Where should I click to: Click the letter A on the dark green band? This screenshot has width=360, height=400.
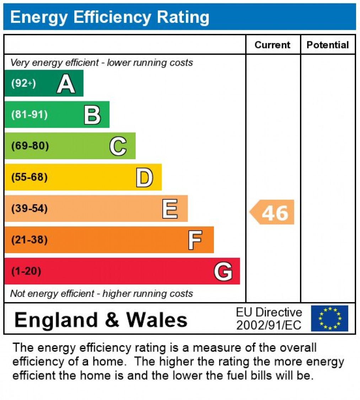tap(66, 84)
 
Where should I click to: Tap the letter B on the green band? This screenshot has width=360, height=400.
tap(92, 115)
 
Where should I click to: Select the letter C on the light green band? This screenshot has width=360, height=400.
tap(118, 146)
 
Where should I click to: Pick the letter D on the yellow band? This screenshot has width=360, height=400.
tap(144, 178)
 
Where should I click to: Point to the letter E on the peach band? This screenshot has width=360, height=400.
tap(170, 209)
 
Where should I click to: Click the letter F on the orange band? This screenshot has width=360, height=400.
tap(195, 240)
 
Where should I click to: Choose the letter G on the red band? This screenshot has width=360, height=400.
tap(223, 272)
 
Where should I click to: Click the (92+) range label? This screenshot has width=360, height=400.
tap(23, 84)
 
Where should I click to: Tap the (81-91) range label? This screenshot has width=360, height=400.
tap(29, 115)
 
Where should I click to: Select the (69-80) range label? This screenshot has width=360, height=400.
tap(30, 146)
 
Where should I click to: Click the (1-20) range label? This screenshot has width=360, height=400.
tap(26, 271)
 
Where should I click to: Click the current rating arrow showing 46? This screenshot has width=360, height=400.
tap(273, 212)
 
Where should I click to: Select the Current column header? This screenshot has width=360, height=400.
tap(273, 45)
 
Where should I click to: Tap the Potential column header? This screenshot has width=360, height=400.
tap(328, 45)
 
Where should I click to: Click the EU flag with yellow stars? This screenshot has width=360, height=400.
tap(329, 318)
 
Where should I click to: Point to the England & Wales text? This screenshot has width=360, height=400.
tap(101, 319)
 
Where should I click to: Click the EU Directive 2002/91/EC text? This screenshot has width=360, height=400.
tap(269, 319)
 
